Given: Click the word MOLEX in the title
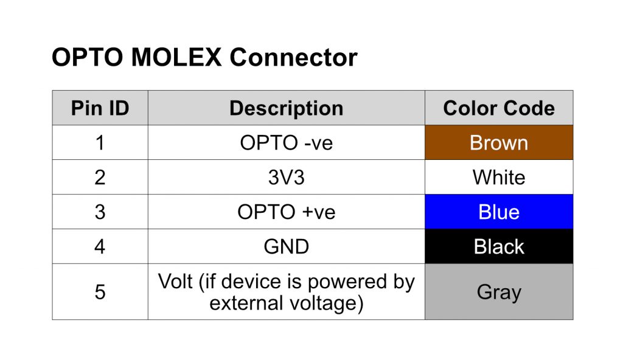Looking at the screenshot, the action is (176, 57).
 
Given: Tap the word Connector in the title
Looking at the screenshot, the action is (294, 57).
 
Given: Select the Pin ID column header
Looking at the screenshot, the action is (100, 108).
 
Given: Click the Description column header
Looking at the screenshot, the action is (287, 108).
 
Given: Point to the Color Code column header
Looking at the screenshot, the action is (499, 108).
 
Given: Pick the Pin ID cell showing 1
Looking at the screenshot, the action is (100, 143).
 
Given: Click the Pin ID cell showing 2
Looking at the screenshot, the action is (100, 177).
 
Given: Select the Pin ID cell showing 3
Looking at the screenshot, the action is (100, 212).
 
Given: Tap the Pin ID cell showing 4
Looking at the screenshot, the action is (100, 246).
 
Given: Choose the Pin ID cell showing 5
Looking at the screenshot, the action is (100, 292).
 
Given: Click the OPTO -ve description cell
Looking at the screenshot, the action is (287, 143).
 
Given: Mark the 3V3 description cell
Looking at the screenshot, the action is (287, 177).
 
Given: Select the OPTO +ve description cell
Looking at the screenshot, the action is (287, 212).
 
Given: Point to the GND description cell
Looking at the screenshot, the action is (287, 246).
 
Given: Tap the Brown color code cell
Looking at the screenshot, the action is (499, 143).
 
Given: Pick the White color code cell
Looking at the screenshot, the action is (499, 177).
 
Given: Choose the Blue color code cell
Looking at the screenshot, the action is (499, 212).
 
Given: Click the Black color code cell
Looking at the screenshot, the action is (499, 246).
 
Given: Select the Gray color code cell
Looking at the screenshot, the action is (499, 292).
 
